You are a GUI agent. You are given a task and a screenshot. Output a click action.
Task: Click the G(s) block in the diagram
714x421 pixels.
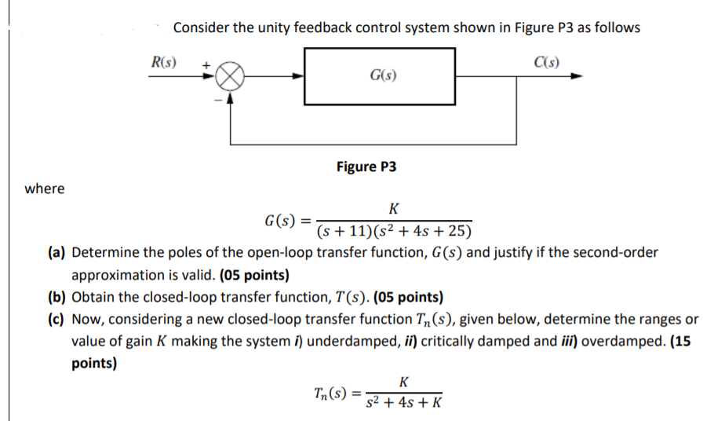[380, 76]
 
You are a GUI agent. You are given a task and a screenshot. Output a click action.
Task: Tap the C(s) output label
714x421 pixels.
[547, 62]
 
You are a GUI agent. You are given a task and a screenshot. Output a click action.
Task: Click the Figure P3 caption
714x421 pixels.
[366, 167]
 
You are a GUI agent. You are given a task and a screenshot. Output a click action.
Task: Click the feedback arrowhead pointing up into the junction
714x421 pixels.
[230, 98]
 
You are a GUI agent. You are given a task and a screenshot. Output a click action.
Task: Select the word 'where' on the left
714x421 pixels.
[45, 189]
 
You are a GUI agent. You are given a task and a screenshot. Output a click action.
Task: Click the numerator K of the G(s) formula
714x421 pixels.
[393, 208]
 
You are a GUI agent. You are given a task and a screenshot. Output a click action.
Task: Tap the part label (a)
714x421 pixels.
[56, 253]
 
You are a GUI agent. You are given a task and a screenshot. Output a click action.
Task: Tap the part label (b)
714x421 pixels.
[56, 298]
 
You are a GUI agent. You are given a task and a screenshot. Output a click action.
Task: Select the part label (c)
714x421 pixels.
[56, 320]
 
